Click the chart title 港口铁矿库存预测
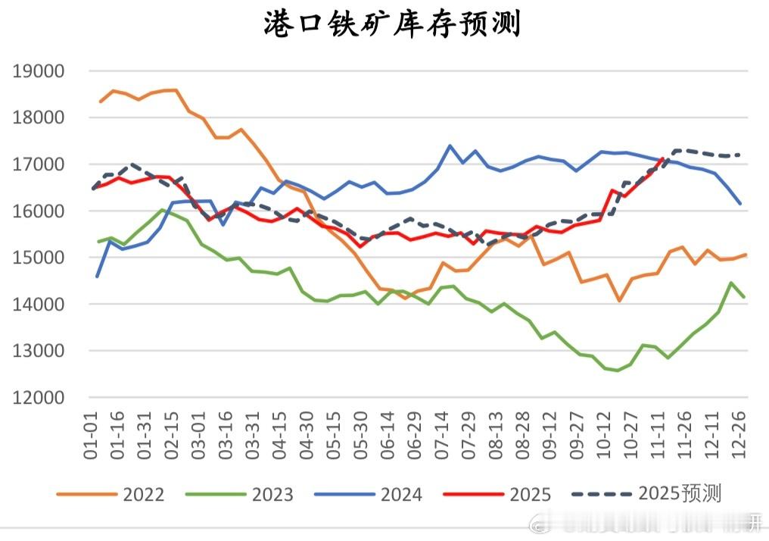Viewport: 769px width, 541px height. tap(392, 24)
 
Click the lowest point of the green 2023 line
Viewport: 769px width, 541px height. tap(618, 371)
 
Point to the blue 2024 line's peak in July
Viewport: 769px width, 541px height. tap(450, 145)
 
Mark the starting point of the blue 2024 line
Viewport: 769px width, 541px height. tap(97, 277)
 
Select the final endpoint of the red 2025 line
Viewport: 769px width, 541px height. tap(663, 158)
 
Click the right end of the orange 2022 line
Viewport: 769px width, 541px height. tap(746, 255)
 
